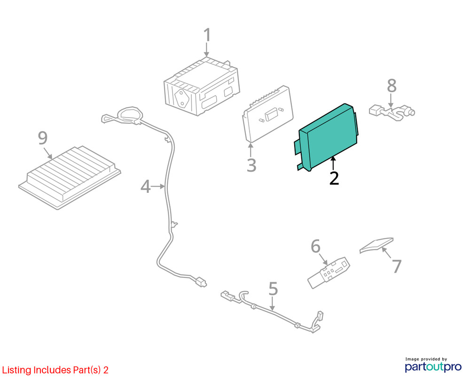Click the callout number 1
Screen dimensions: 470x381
click(x=207, y=35)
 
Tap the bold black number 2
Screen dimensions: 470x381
click(x=334, y=178)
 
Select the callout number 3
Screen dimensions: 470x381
click(x=251, y=165)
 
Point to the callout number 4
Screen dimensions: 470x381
click(x=145, y=186)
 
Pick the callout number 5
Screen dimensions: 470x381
click(x=273, y=289)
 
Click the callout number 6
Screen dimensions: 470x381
click(x=315, y=246)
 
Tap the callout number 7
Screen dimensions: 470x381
click(x=397, y=266)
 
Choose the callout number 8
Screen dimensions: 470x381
click(x=392, y=86)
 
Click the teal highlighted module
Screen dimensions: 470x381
click(x=327, y=137)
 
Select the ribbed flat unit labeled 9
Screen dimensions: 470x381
click(x=70, y=177)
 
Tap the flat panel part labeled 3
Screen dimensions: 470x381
click(x=267, y=114)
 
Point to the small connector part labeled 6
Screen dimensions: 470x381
click(x=329, y=272)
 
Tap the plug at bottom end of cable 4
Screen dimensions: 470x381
click(x=201, y=282)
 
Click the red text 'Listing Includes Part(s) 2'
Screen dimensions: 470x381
click(x=55, y=370)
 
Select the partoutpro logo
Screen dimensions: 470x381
click(x=433, y=365)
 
